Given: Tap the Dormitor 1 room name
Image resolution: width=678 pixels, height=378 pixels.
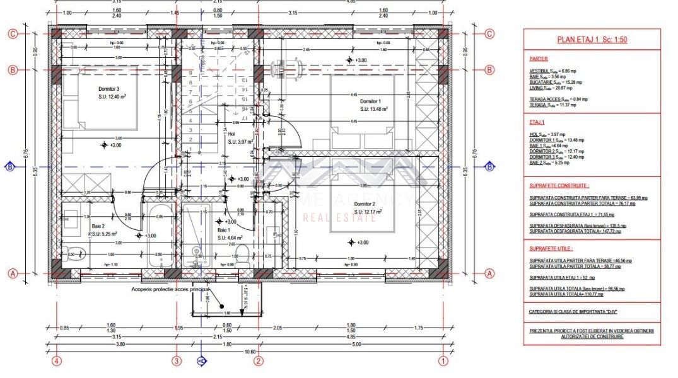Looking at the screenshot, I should tap(370, 101).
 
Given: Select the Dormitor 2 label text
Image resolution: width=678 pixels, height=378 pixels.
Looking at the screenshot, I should tap(365, 204).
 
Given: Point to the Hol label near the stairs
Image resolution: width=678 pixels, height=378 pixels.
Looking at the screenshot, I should tap(231, 133).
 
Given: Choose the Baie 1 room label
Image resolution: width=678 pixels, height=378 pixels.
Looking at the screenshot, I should tap(206, 231).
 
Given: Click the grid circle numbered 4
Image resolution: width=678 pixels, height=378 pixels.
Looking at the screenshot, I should tap(57, 361).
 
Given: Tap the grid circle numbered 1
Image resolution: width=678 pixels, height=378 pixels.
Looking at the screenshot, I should tap(443, 361).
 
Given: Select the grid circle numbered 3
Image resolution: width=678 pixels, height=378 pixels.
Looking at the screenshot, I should tap(177, 361).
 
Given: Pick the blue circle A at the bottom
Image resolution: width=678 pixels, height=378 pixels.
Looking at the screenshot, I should tap(202, 361).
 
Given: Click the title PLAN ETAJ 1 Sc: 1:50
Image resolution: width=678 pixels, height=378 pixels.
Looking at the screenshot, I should tap(592, 39).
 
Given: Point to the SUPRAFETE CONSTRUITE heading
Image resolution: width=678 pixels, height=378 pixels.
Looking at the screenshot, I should tap(559, 186).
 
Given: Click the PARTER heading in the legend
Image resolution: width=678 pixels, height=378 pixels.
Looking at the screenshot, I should tap(539, 59).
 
